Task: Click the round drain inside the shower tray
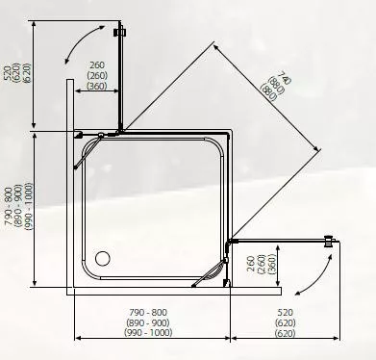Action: tap(104, 258)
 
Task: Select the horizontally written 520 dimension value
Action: tap(285, 313)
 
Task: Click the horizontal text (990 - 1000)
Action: tap(147, 333)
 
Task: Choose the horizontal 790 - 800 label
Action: tap(147, 313)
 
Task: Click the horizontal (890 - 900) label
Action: tap(147, 323)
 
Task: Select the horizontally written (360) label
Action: tap(96, 87)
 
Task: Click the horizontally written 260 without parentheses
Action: tap(96, 65)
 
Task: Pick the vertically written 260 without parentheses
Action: tap(249, 264)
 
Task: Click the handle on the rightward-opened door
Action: tap(331, 241)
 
